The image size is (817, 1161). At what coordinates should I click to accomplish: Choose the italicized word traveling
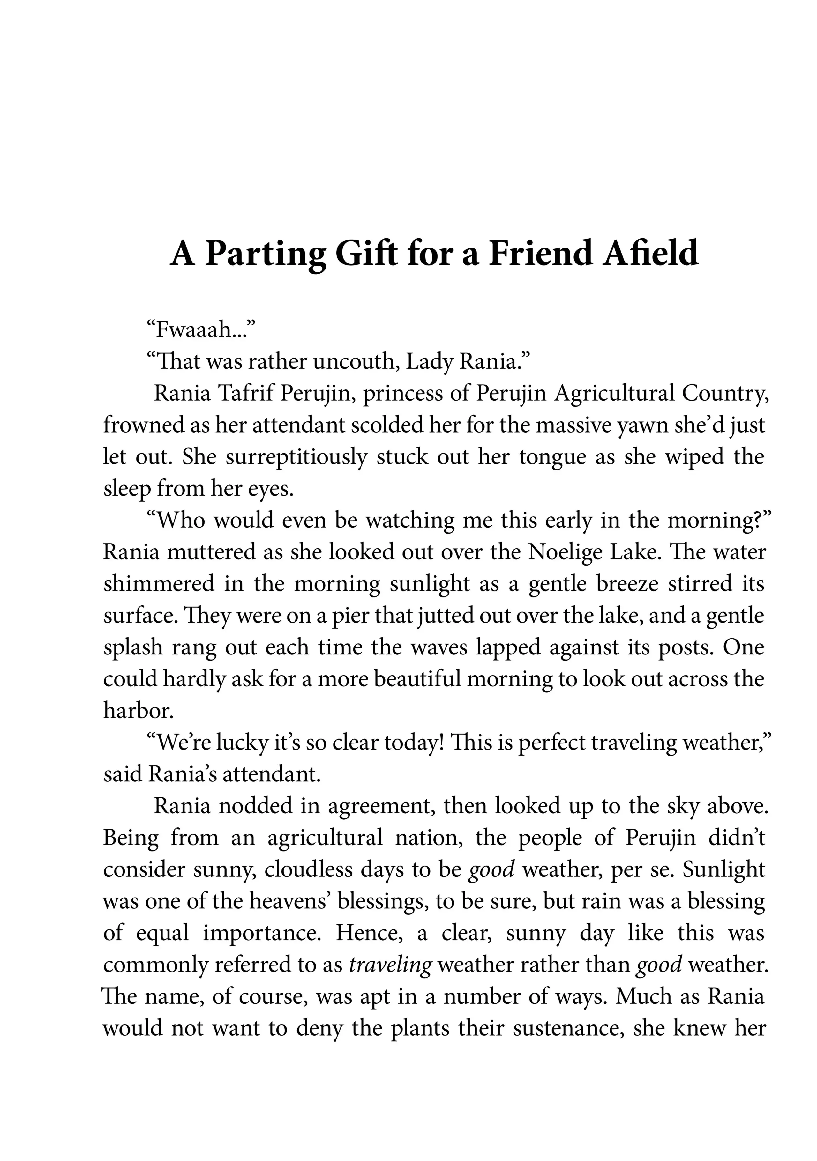point(390,965)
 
